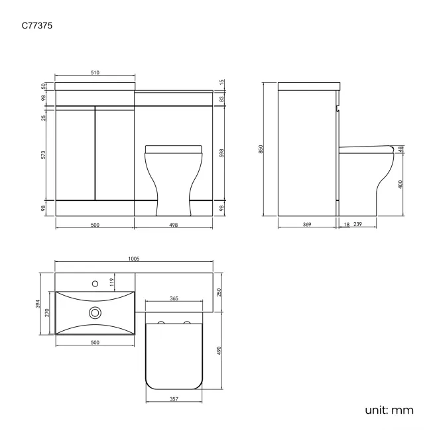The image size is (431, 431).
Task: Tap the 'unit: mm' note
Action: [389, 410]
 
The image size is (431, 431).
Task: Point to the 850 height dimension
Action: [261, 150]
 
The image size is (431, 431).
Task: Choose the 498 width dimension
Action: [174, 225]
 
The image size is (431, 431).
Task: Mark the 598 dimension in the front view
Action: [221, 153]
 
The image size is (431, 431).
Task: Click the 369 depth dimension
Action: [307, 225]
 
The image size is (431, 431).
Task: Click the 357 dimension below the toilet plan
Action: [173, 400]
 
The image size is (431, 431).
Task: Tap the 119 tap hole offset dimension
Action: [112, 284]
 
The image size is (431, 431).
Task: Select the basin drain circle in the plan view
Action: [95, 312]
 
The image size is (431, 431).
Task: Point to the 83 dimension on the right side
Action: [221, 99]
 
